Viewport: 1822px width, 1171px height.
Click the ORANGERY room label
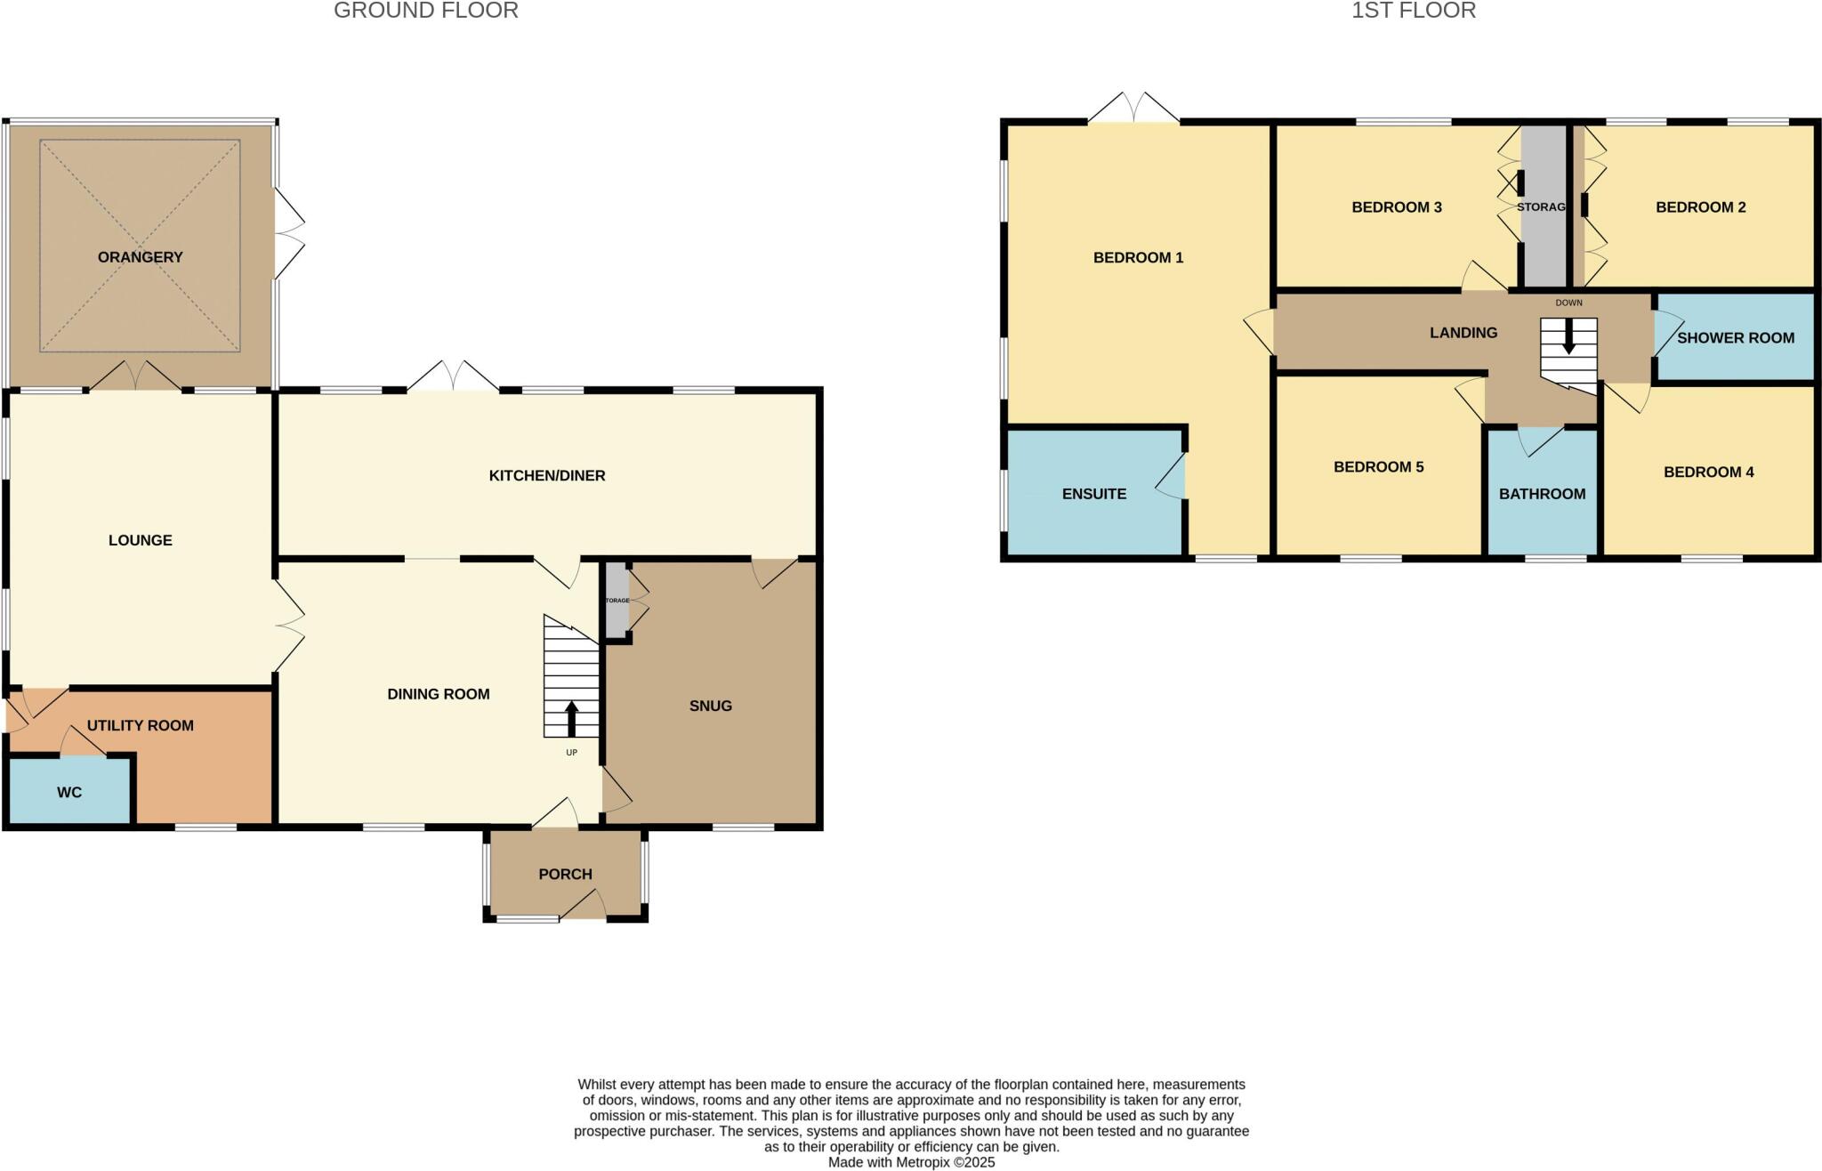[140, 257]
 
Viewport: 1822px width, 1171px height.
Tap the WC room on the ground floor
[69, 792]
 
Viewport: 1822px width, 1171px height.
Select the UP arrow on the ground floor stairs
[571, 719]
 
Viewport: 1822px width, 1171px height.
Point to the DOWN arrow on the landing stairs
[1568, 341]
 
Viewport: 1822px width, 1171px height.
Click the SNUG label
[710, 706]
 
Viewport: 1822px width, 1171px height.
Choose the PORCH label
[565, 874]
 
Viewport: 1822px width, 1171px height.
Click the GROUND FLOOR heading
[425, 11]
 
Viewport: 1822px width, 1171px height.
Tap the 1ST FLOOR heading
[1414, 11]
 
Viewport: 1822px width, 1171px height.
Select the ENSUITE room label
[1093, 494]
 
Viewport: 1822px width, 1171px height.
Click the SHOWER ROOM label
[1735, 338]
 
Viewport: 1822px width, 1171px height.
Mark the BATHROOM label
[1542, 494]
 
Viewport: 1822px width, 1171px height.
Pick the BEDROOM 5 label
[1378, 467]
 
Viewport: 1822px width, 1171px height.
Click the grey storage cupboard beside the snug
[617, 601]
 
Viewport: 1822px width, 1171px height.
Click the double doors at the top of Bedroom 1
[1133, 109]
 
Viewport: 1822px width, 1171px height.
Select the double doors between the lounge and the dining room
[290, 626]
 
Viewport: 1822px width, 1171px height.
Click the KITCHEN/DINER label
[546, 476]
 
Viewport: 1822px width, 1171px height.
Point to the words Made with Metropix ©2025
[911, 1162]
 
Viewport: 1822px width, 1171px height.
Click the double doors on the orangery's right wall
[290, 234]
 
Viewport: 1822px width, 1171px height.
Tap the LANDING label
[1463, 333]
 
